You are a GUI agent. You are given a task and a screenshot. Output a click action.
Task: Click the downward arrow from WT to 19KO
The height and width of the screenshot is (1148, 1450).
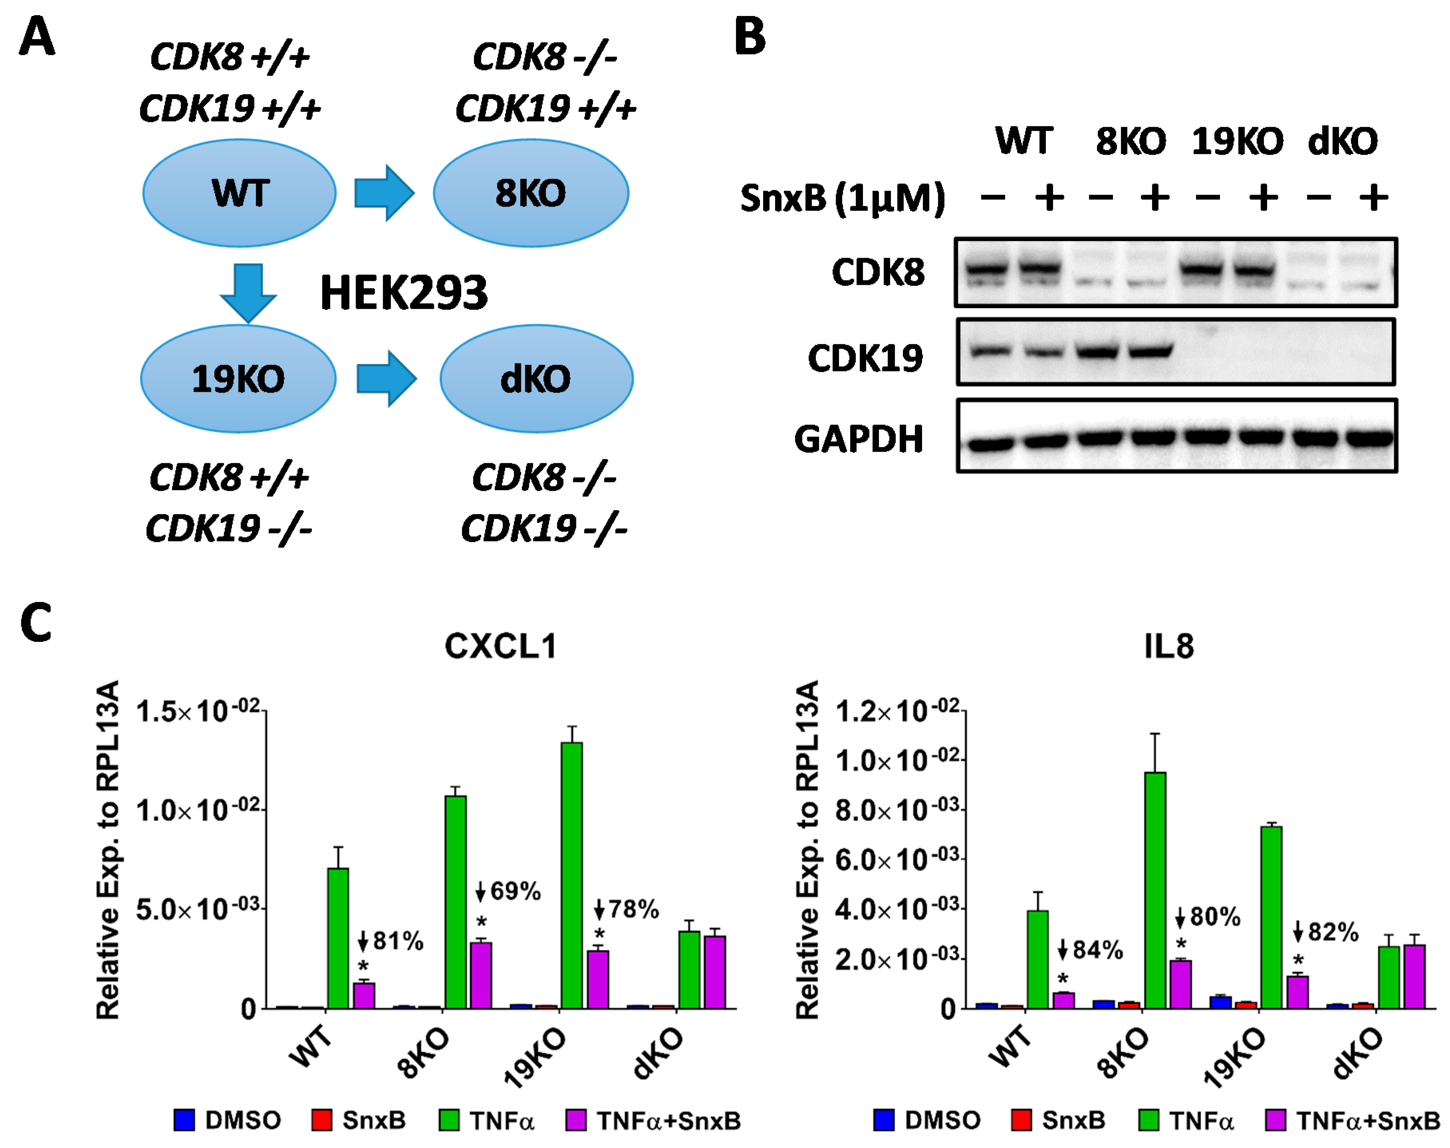click(x=248, y=292)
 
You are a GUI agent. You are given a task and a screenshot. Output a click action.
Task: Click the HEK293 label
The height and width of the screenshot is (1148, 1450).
click(x=403, y=293)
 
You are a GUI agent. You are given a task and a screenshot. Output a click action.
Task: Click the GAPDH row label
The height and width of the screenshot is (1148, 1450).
click(x=858, y=439)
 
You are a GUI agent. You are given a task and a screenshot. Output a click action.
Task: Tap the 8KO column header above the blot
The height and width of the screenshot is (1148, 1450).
click(x=1130, y=141)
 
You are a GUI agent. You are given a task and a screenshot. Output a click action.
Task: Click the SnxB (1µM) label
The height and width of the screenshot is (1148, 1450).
click(x=842, y=198)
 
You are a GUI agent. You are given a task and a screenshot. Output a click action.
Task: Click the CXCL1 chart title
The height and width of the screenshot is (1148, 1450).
click(x=501, y=647)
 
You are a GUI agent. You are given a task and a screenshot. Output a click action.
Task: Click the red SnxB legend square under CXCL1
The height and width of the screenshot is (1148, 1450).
click(x=322, y=1120)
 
